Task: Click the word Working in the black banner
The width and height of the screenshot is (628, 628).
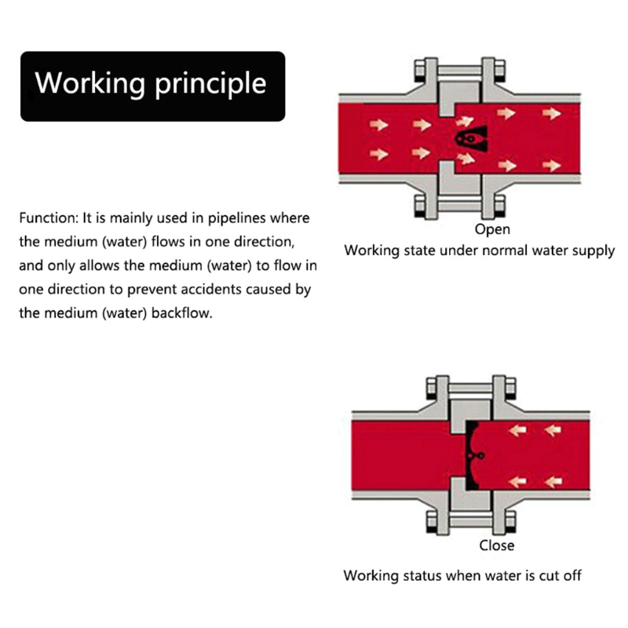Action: pos(79,84)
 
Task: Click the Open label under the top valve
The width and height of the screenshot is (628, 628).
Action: pos(492,229)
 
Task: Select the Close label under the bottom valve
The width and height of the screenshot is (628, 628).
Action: pos(496,545)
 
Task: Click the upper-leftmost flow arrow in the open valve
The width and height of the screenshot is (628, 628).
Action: pos(382,124)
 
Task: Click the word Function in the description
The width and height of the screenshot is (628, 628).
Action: pos(49,217)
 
